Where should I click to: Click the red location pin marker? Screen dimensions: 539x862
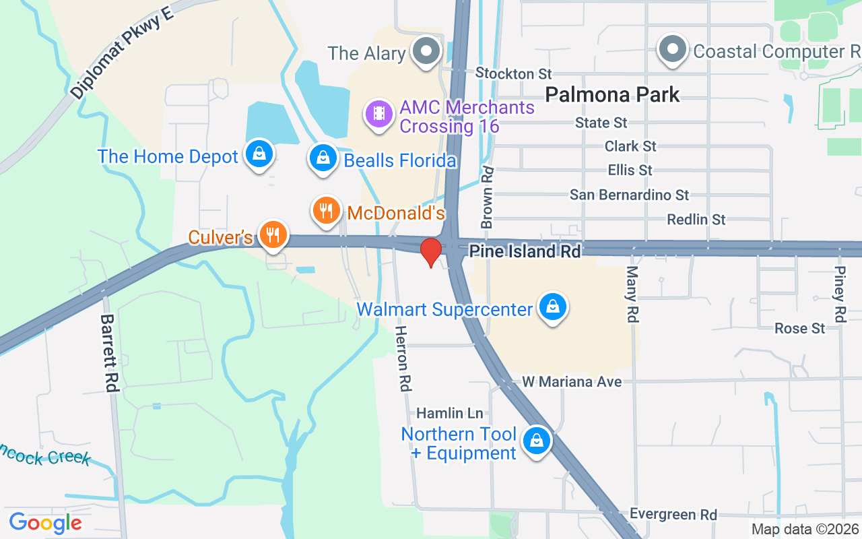(x=430, y=252)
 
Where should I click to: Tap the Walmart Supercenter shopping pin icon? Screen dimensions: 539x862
(x=553, y=307)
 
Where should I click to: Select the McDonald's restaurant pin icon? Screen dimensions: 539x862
(x=326, y=211)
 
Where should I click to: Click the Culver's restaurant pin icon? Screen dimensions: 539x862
(x=273, y=235)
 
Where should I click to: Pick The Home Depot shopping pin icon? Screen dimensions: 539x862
(x=259, y=154)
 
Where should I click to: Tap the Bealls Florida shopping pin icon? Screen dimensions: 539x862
(x=323, y=158)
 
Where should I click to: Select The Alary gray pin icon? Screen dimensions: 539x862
(x=426, y=52)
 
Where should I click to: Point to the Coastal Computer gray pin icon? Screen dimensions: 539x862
(x=672, y=50)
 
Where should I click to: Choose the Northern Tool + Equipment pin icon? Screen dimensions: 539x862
(x=537, y=441)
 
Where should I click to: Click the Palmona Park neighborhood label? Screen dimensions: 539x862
(x=612, y=94)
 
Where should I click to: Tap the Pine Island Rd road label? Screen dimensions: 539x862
(x=525, y=251)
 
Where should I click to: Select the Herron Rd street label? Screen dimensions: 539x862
(x=403, y=358)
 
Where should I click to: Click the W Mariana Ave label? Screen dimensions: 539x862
(x=572, y=382)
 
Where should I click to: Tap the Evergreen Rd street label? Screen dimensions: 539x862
(x=673, y=515)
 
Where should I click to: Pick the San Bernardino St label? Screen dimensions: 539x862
(x=629, y=195)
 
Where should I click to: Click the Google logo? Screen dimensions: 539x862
(x=46, y=522)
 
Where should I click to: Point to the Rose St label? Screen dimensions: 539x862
(x=799, y=328)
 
